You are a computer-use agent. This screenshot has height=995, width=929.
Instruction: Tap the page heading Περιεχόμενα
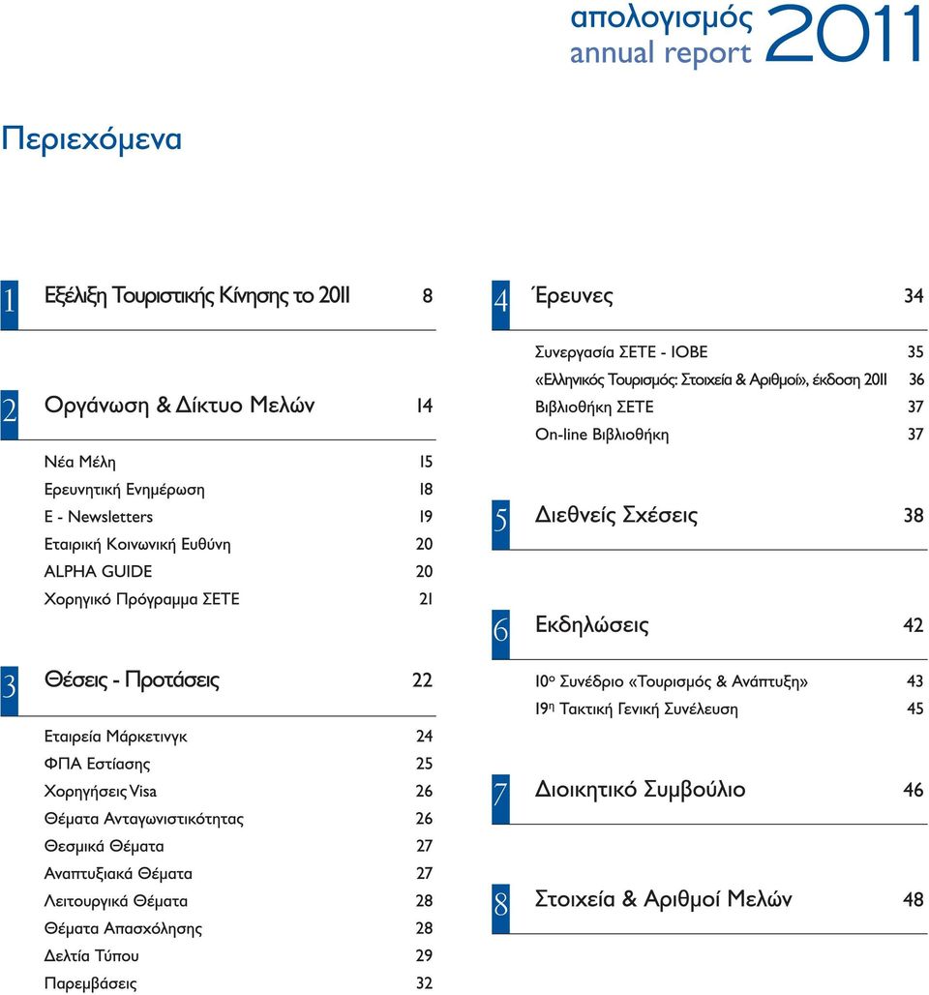click(x=91, y=139)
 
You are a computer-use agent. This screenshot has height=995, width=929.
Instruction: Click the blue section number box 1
click(x=9, y=305)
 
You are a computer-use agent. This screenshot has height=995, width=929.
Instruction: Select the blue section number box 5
click(x=500, y=525)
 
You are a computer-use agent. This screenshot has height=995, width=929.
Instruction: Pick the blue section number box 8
click(x=500, y=909)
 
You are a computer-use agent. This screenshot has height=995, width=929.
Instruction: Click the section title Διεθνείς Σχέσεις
click(x=616, y=515)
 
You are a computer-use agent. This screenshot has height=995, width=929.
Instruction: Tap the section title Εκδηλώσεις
click(x=592, y=624)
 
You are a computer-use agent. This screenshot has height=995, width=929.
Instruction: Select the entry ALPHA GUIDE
click(x=99, y=571)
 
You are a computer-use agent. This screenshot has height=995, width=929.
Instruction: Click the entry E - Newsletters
click(x=99, y=517)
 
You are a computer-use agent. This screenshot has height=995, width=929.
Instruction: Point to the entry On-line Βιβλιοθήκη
click(x=602, y=435)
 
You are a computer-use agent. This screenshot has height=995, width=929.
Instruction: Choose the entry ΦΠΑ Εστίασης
click(x=97, y=764)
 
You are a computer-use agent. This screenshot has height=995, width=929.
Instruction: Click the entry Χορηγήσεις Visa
click(x=101, y=792)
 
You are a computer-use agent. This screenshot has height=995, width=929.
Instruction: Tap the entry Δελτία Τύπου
click(x=91, y=955)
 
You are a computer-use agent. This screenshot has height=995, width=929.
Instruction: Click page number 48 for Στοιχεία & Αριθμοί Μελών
click(x=914, y=899)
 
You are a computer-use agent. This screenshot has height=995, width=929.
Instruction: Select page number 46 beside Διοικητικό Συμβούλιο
click(x=914, y=790)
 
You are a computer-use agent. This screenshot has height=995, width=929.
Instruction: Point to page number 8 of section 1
click(x=428, y=296)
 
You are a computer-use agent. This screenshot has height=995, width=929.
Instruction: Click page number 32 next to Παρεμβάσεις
click(x=425, y=983)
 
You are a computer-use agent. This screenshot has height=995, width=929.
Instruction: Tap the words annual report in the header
click(x=661, y=53)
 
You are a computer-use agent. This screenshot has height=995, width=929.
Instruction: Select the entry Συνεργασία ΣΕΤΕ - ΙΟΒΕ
click(x=621, y=352)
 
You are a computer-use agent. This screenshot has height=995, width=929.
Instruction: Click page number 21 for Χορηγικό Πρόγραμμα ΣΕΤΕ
click(x=426, y=598)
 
